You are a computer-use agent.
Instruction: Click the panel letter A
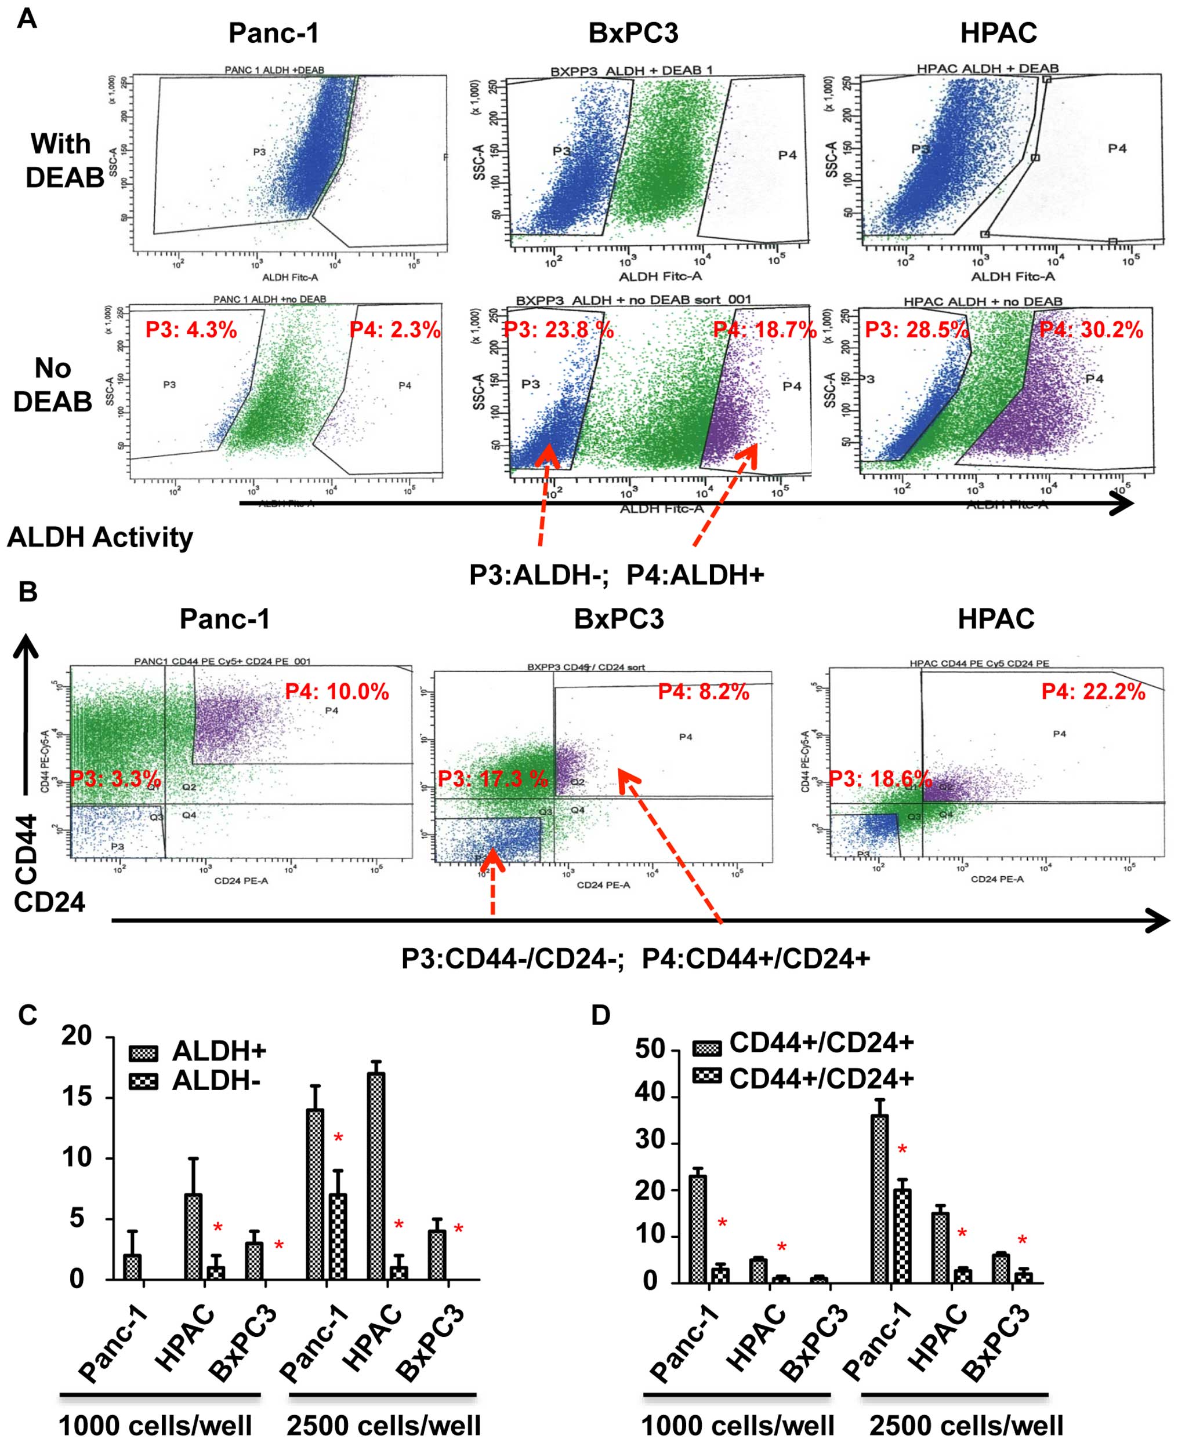[x=27, y=19]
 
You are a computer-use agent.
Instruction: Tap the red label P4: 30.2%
[x=1091, y=330]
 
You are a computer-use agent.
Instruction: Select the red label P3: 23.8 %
[x=558, y=330]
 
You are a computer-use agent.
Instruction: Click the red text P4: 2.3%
[x=394, y=330]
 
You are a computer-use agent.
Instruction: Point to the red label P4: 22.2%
[x=1093, y=692]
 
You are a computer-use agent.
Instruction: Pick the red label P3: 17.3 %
[x=492, y=778]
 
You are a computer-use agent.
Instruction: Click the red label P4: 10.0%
[x=336, y=692]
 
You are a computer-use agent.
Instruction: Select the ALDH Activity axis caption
[x=100, y=537]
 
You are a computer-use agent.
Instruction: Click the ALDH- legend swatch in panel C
[x=143, y=1081]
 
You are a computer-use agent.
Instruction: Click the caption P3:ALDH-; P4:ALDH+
[x=616, y=575]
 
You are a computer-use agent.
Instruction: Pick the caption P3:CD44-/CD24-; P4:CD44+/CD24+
[x=635, y=959]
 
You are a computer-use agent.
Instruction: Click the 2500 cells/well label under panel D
[x=966, y=1426]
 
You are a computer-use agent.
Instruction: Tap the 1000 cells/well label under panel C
[x=155, y=1426]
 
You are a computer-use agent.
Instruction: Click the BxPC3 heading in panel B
[x=619, y=618]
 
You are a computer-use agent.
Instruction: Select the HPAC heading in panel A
[x=998, y=32]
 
